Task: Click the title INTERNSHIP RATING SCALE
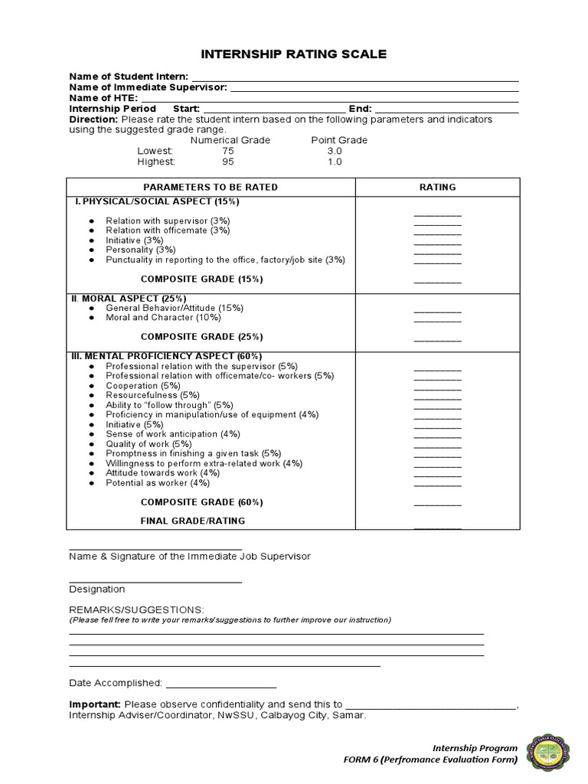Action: click(294, 54)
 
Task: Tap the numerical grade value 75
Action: click(228, 151)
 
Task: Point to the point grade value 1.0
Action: click(334, 162)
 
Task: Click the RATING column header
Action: click(437, 187)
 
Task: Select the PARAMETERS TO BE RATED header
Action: click(211, 187)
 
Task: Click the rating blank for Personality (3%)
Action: click(437, 252)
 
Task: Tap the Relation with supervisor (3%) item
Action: click(168, 220)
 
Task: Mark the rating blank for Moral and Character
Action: click(437, 319)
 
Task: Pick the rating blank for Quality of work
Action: click(437, 446)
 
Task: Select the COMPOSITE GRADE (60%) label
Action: click(201, 502)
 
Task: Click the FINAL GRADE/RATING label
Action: click(192, 521)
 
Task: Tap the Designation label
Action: click(96, 590)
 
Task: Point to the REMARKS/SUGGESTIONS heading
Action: click(136, 609)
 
